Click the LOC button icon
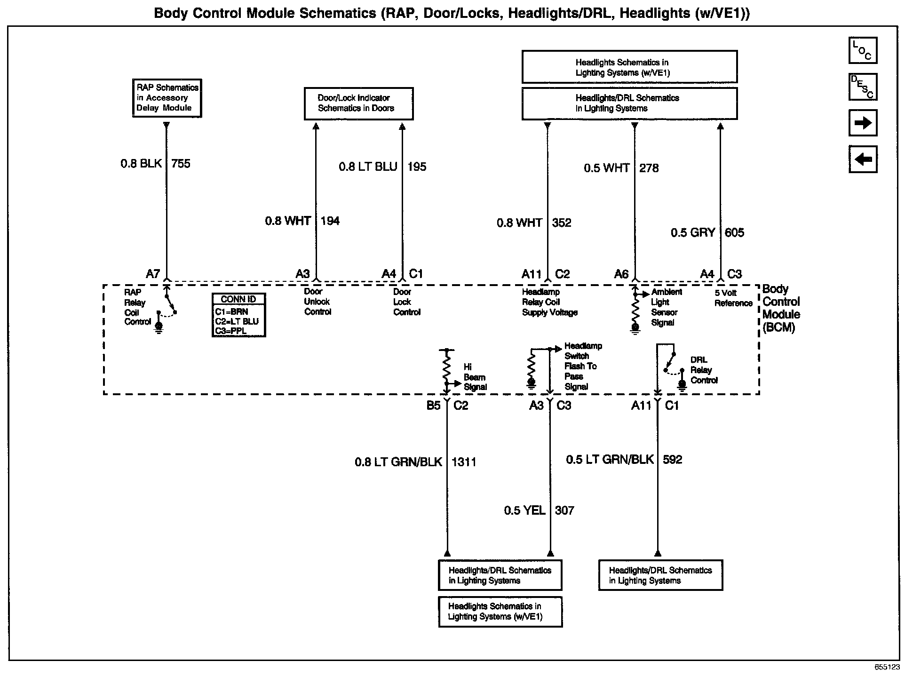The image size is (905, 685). coord(863,50)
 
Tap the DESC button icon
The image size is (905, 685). coord(863,87)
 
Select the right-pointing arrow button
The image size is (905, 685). coord(863,123)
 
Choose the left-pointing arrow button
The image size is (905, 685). coord(863,159)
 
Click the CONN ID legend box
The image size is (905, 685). coord(238,315)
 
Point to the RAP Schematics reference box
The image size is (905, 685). coord(167,98)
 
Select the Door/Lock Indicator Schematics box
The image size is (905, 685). coord(358,104)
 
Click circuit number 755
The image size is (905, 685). coord(181,164)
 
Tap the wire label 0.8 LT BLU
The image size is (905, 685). coord(368,167)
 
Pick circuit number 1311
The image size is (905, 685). coord(464,462)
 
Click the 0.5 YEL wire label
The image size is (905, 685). coord(524,510)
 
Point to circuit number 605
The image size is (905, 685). coord(734,232)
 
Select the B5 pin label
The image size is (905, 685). coord(433,406)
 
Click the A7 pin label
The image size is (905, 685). coord(153,274)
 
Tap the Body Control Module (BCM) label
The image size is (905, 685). coord(781,308)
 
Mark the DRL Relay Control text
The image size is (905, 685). coord(704,370)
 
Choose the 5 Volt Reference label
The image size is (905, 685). coord(733,298)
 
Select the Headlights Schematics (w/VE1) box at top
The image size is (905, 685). coord(629,67)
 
